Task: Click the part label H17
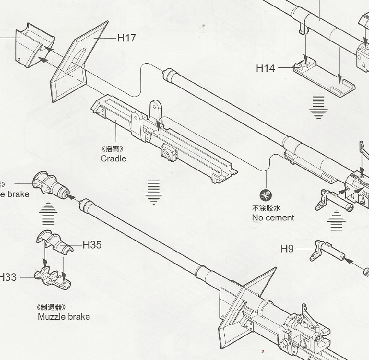pyautogui.click(x=127, y=38)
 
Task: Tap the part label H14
pyautogui.click(x=265, y=68)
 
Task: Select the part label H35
pyautogui.click(x=92, y=245)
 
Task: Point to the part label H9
pyautogui.click(x=287, y=249)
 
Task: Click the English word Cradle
pyautogui.click(x=114, y=158)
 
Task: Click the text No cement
pyautogui.click(x=273, y=218)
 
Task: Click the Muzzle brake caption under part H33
pyautogui.click(x=64, y=316)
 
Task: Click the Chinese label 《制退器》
pyautogui.click(x=51, y=307)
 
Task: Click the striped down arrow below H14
pyautogui.click(x=318, y=107)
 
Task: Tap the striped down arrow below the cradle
pyautogui.click(x=154, y=192)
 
